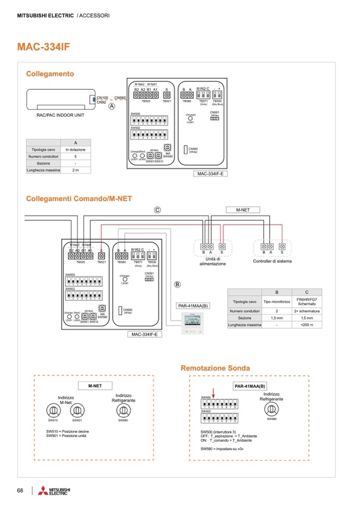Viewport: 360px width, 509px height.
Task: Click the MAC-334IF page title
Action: (44, 47)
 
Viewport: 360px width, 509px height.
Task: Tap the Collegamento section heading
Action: (50, 74)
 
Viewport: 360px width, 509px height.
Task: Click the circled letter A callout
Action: (112, 106)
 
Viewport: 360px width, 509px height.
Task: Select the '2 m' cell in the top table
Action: (75, 170)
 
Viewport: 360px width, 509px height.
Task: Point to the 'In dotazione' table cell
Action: (75, 150)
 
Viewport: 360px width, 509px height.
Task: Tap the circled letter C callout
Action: (157, 210)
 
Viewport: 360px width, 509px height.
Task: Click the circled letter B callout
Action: (178, 284)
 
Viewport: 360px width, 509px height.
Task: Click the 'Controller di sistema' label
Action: (272, 261)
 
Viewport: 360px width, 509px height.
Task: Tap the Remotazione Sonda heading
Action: (215, 368)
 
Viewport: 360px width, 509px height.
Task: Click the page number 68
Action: (20, 489)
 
